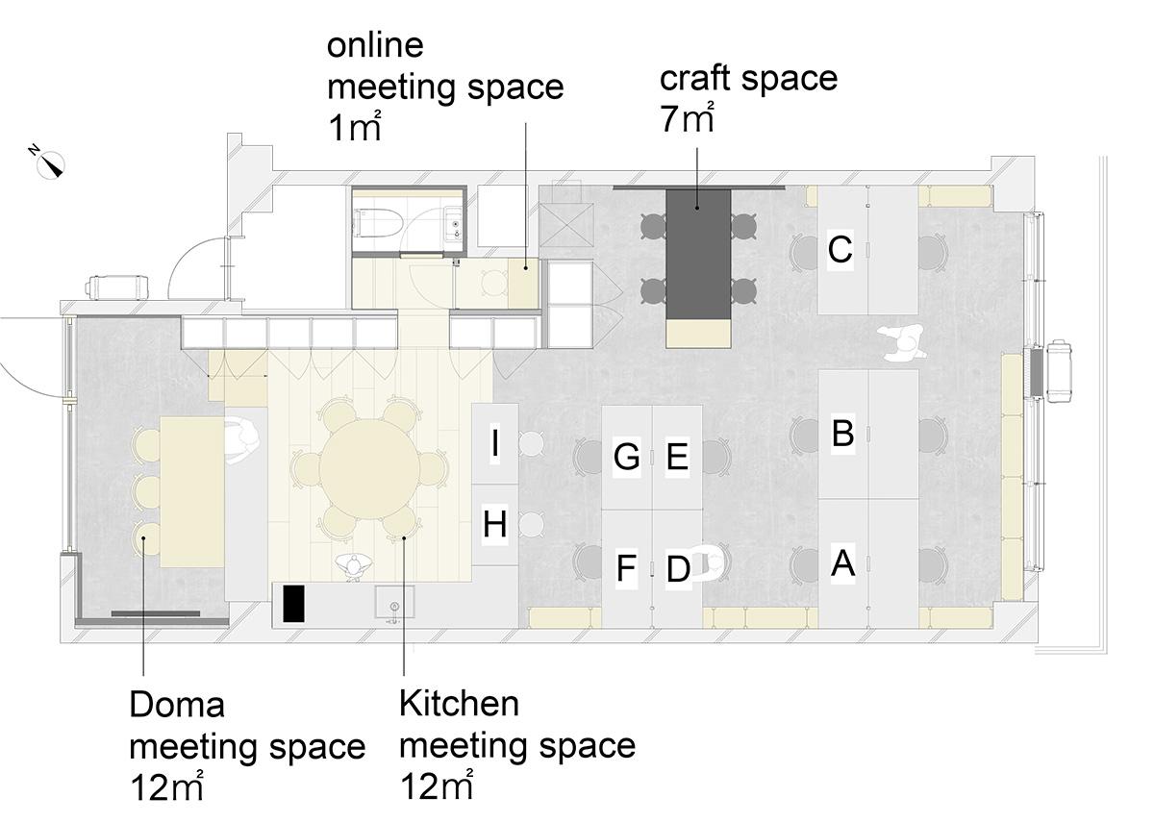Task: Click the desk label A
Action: (842, 562)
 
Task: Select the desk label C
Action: (840, 249)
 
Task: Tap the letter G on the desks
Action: (626, 457)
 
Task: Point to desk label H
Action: (494, 524)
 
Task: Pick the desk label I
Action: (495, 443)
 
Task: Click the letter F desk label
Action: (626, 567)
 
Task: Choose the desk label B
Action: (842, 433)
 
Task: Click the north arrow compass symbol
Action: (50, 163)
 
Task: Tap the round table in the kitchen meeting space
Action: (370, 468)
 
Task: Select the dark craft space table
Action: (698, 255)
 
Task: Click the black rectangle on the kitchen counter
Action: (293, 604)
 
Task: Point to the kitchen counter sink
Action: (394, 602)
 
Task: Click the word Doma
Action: (177, 705)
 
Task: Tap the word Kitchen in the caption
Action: (459, 704)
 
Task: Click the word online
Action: (375, 45)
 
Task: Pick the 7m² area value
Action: (687, 117)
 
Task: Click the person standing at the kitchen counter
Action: (354, 567)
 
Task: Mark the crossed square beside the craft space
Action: (566, 225)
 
